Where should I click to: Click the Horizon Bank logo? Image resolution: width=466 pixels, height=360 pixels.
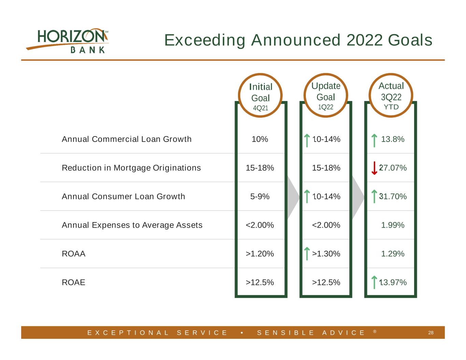click(x=67, y=41)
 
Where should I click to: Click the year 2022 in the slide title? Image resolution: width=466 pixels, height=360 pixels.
click(x=364, y=40)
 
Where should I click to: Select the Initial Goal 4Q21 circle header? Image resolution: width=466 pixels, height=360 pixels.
click(x=260, y=95)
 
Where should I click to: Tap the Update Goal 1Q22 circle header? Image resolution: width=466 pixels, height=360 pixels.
click(x=326, y=95)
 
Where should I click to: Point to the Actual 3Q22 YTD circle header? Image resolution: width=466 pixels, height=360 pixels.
click(x=391, y=95)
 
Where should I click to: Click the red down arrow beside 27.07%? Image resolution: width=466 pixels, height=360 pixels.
click(x=374, y=168)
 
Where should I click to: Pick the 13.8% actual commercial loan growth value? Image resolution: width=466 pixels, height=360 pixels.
click(x=393, y=139)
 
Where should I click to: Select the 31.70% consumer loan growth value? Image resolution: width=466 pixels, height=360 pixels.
click(x=393, y=197)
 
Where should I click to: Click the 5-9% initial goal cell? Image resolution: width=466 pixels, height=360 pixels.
click(x=260, y=197)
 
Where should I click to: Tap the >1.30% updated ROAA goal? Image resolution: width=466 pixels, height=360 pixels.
click(x=326, y=254)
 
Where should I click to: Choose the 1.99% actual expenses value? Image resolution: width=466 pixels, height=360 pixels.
click(x=393, y=225)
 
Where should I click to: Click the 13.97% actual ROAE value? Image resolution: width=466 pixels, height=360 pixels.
click(x=393, y=283)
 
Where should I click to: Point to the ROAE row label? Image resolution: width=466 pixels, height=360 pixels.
click(x=73, y=283)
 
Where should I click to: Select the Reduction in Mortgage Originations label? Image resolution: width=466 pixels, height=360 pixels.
click(x=131, y=168)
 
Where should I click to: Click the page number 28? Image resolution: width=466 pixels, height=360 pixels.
click(x=431, y=333)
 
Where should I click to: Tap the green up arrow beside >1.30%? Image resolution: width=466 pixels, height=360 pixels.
click(x=307, y=254)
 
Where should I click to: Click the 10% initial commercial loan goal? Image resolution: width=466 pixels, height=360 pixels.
click(x=260, y=139)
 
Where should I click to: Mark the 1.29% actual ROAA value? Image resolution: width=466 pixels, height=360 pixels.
click(x=393, y=254)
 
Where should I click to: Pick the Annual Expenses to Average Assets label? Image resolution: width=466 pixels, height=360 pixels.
click(x=132, y=225)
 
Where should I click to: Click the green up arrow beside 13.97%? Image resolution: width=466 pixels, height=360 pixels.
click(x=374, y=283)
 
